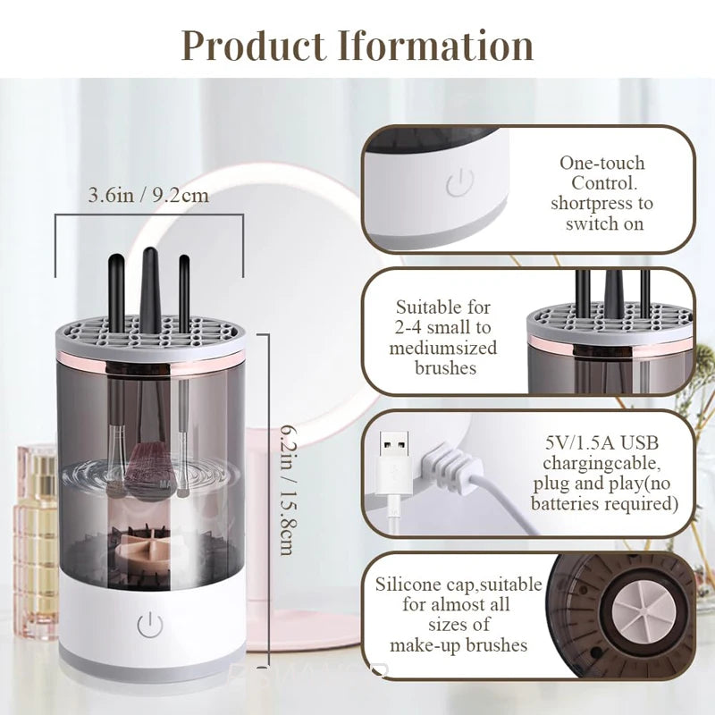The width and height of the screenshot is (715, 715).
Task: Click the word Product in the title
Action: pos(252,45)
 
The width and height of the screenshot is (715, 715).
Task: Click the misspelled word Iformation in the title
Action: pos(435,45)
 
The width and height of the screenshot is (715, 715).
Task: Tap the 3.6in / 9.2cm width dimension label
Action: pos(148,195)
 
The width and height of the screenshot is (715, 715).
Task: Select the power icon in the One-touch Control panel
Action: pos(458,185)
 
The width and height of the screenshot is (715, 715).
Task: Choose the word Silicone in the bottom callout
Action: pos(408,585)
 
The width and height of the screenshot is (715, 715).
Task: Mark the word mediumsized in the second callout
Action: pos(442,348)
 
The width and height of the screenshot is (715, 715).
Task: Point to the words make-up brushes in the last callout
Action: pos(458,644)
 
